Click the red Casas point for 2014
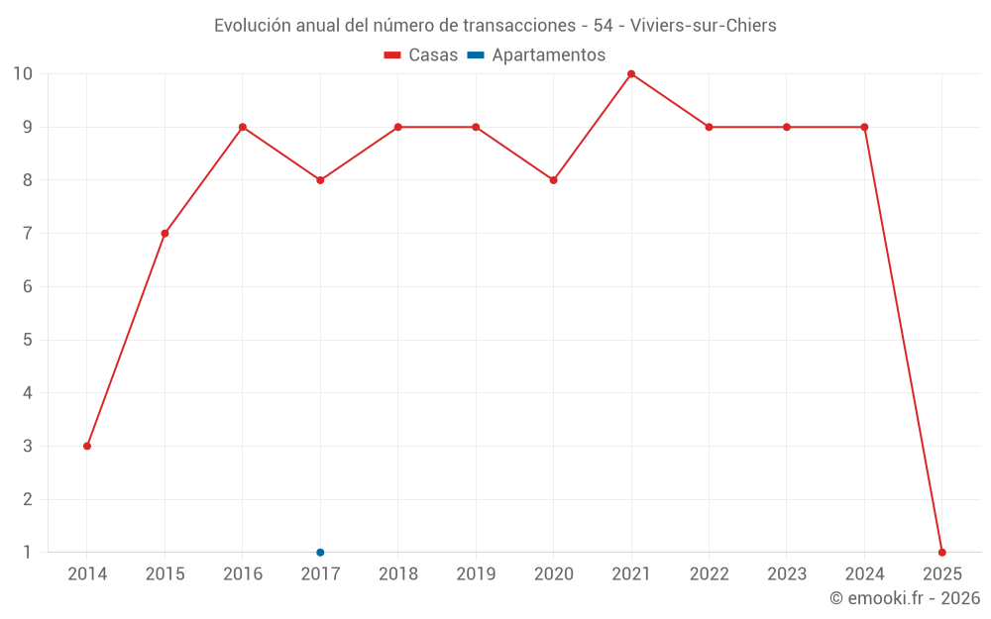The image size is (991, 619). pos(87,446)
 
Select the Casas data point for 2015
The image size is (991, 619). pos(165,234)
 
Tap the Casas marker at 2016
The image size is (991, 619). pos(243,127)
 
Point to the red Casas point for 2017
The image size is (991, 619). pos(320,180)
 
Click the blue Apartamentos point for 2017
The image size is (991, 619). pos(320,553)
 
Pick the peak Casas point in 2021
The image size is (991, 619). pos(631,74)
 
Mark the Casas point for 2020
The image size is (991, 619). pos(554,180)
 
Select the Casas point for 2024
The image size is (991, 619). pos(864,127)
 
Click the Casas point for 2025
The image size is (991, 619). pos(942,553)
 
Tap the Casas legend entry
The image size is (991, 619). pos(421,55)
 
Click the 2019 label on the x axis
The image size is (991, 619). pos(476,574)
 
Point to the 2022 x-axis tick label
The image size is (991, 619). pos(709,574)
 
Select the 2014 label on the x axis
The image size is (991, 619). pos(87,574)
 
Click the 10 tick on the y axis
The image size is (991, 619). pos(23,74)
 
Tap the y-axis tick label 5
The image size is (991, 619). pos(28,340)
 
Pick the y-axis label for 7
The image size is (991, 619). pos(28,234)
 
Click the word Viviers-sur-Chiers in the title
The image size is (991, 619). pos(704,25)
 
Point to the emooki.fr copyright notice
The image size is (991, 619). pos(905,598)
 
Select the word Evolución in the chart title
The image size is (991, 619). pos(253,25)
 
